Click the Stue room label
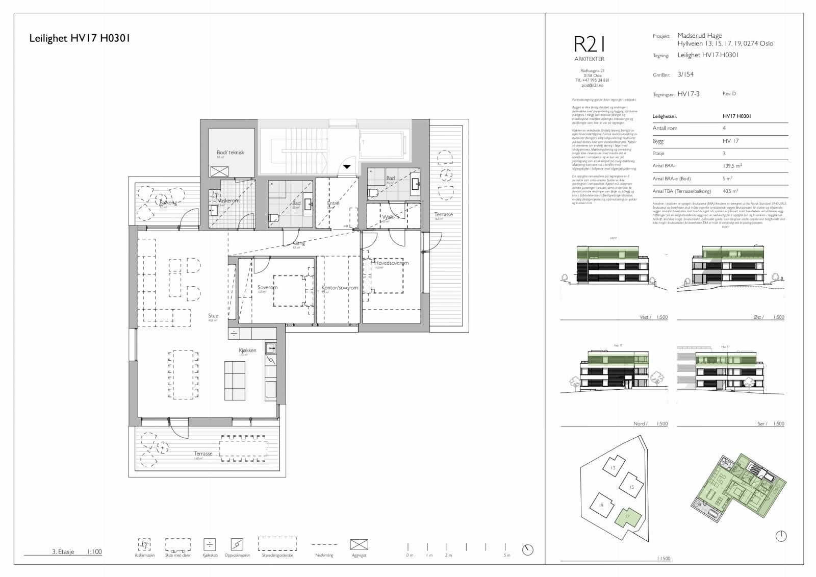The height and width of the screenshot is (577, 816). (x=213, y=316)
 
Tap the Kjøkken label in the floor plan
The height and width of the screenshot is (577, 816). (x=247, y=350)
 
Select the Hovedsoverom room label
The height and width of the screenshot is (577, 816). (x=391, y=263)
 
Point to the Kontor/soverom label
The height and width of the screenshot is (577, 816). (x=339, y=288)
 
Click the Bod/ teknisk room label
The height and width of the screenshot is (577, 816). (x=231, y=153)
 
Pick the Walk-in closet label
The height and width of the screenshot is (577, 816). (x=391, y=217)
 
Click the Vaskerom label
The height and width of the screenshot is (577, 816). (x=228, y=201)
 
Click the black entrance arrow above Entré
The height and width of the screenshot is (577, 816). (x=347, y=166)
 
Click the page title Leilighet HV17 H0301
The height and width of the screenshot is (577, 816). (x=80, y=38)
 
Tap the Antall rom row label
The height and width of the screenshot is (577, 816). (x=665, y=129)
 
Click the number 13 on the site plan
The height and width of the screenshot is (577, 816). (x=613, y=468)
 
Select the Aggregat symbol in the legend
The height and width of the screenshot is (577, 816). (x=359, y=544)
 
